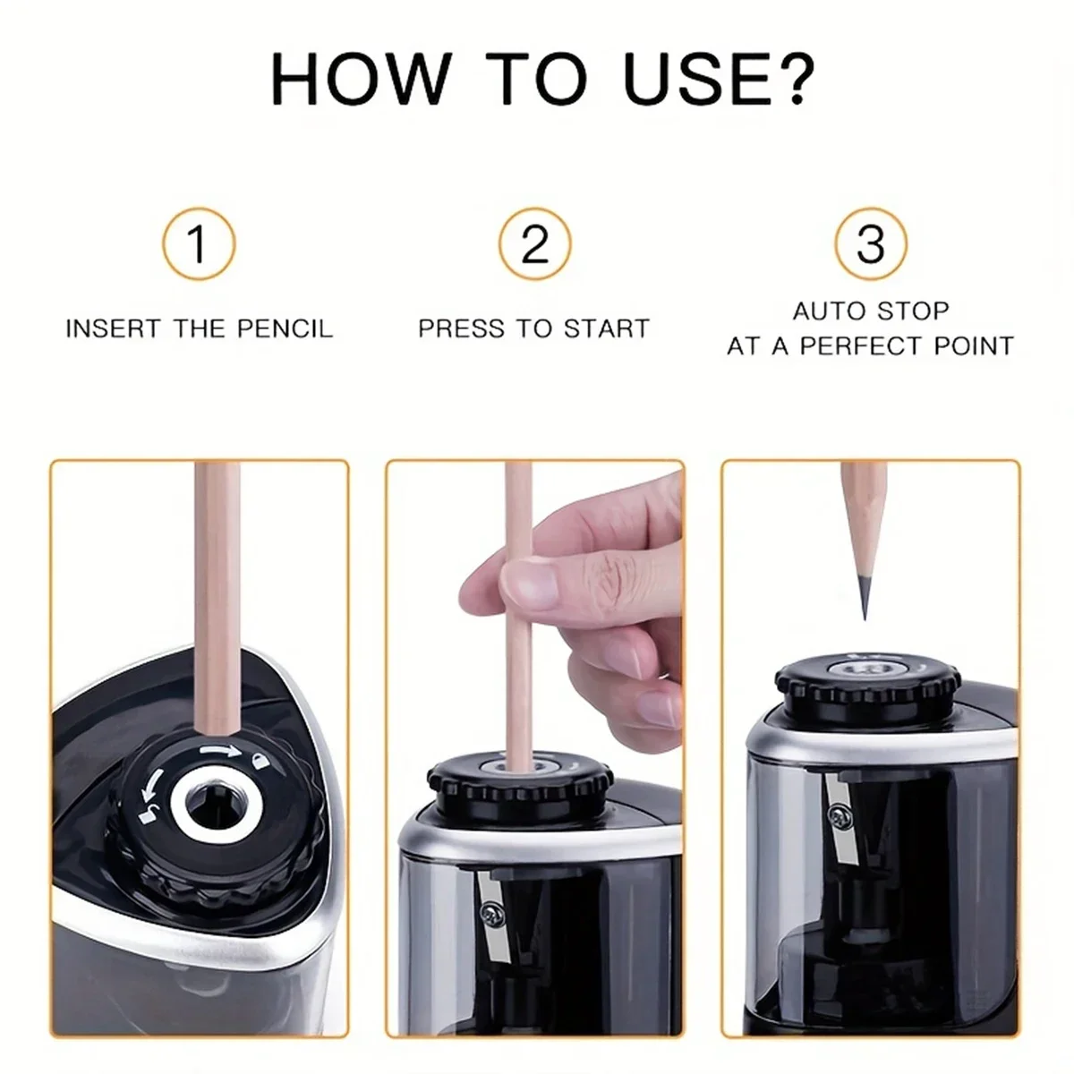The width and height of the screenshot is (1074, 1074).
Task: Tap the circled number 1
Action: click(198, 243)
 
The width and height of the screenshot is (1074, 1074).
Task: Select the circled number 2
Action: click(534, 243)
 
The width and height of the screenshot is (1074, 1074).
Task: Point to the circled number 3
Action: click(870, 243)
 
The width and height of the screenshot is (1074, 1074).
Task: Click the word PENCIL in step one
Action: click(285, 328)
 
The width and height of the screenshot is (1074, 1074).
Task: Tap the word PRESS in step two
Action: click(457, 328)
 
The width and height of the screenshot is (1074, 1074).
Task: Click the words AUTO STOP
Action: click(870, 311)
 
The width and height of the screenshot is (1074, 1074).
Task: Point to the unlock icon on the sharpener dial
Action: click(145, 812)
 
